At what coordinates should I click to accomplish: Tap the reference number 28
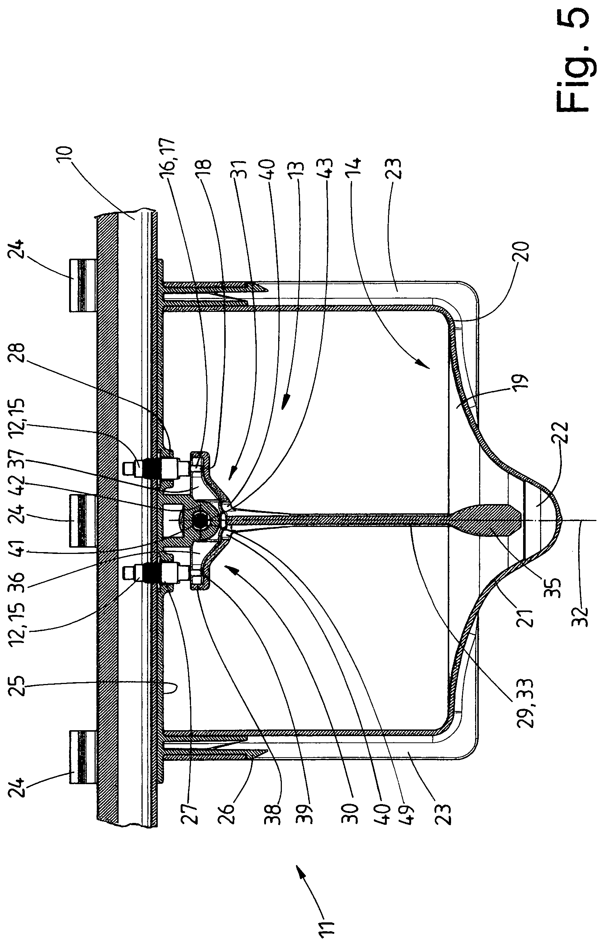pos(18,355)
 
